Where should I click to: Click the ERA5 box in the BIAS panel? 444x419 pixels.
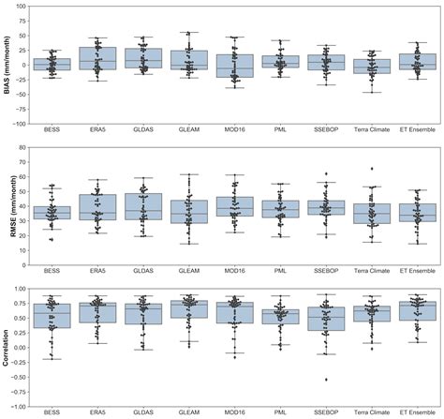point(97,59)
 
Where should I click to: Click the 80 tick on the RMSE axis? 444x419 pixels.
point(24,145)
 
